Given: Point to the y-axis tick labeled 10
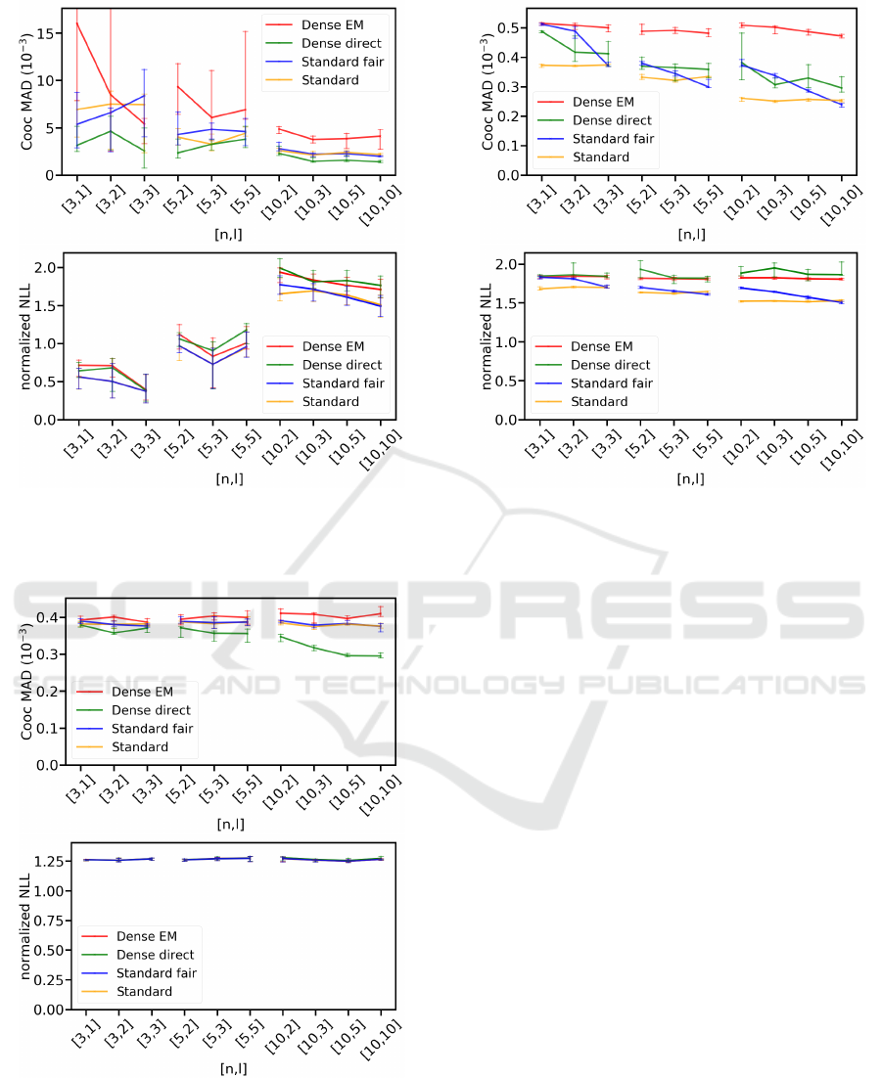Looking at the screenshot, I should pyautogui.click(x=52, y=80).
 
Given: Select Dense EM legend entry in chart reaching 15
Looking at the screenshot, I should pyautogui.click(x=322, y=25).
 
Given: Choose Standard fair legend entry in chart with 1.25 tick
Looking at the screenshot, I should pyautogui.click(x=156, y=973).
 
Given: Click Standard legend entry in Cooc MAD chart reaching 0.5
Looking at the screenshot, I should pyautogui.click(x=599, y=157).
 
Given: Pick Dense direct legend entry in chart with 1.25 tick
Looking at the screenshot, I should pyautogui.click(x=155, y=955).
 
